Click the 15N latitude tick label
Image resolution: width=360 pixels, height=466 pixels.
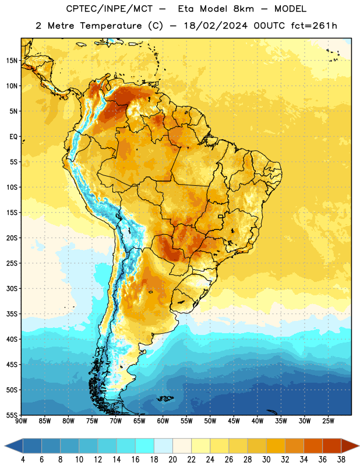12,61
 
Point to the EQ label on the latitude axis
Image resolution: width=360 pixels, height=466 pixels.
13,137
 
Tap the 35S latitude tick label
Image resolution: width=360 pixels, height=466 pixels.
12,314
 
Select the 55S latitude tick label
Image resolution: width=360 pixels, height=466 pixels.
12,415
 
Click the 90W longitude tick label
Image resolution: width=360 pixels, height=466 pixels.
21,421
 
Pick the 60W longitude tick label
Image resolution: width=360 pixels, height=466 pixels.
163,421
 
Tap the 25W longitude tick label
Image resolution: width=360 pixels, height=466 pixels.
328,421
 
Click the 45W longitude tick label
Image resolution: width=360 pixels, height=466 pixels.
234,421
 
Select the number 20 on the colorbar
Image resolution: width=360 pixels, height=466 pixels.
172,460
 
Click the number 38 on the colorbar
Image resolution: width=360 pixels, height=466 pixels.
341,460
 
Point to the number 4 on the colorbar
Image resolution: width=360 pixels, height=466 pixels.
23,460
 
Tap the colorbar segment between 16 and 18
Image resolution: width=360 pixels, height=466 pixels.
145,446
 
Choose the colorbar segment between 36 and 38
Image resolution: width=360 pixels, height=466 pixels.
332,446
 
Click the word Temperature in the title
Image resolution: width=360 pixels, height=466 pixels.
111,26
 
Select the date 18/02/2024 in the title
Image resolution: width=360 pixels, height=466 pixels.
216,26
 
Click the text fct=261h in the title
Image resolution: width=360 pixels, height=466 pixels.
314,26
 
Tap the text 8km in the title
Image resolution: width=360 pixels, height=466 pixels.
243,9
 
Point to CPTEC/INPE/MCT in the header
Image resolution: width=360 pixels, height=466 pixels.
110,9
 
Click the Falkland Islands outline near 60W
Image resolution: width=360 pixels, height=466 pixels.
165,398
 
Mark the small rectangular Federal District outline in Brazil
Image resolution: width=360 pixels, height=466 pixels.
221,216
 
